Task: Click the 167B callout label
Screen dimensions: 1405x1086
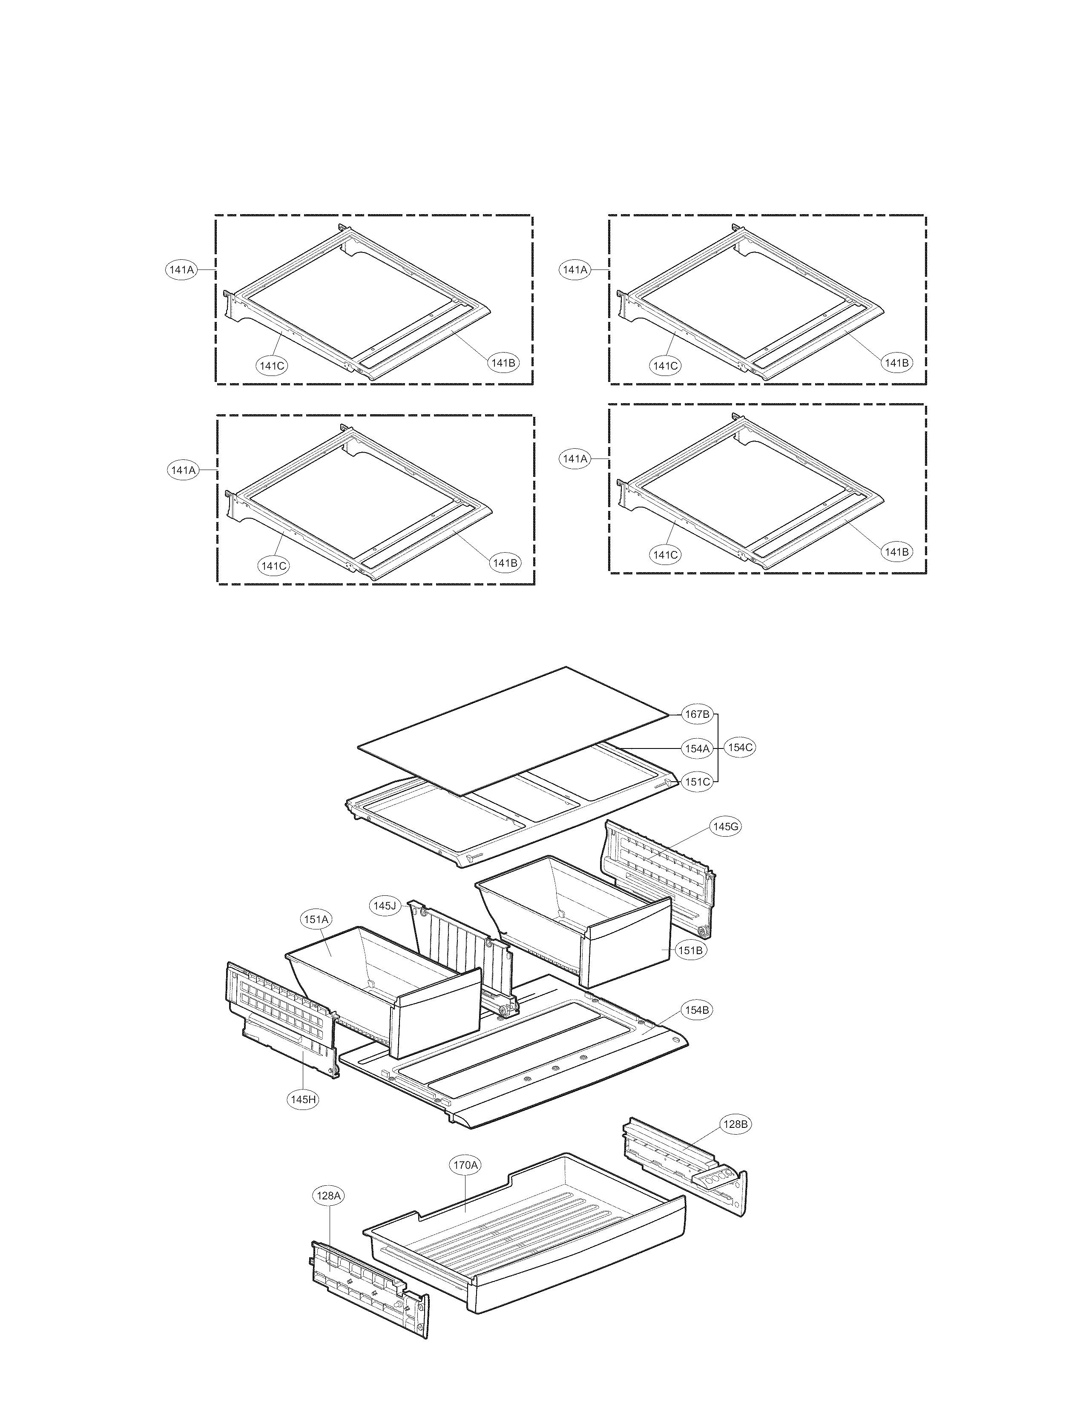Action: [x=697, y=714]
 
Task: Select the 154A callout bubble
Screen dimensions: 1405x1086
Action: [x=697, y=748]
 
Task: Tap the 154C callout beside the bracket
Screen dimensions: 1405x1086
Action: [x=739, y=748]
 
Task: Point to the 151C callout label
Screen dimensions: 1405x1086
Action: [x=697, y=782]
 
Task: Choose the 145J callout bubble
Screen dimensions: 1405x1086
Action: [x=384, y=906]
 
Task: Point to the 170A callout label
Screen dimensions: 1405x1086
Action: [x=465, y=1165]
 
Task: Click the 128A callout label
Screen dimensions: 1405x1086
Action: [x=328, y=1196]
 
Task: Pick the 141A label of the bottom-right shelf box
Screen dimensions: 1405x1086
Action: [x=575, y=459]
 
